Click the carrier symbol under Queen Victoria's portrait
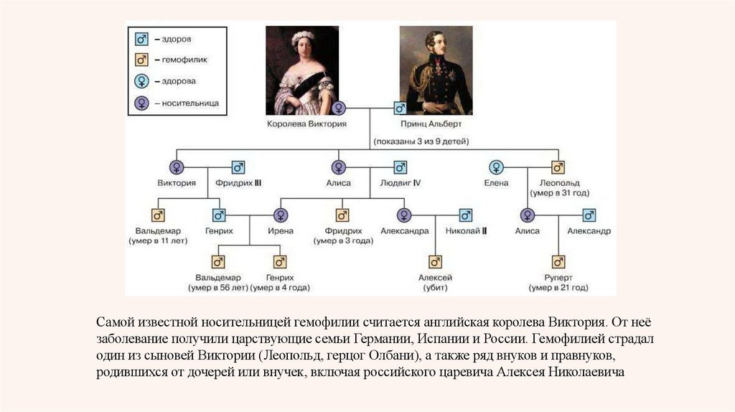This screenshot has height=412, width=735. [x=339, y=108]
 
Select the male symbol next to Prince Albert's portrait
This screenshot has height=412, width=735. [x=400, y=108]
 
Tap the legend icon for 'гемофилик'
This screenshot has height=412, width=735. [x=141, y=60]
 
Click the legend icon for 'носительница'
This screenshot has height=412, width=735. [x=141, y=103]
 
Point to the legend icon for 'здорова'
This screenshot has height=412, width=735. [x=141, y=81]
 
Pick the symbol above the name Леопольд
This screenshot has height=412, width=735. [x=558, y=167]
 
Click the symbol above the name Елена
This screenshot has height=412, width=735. [x=495, y=167]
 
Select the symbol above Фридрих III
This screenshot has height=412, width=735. [x=238, y=167]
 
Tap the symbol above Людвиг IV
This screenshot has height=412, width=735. [x=400, y=167]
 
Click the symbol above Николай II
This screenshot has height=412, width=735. [x=466, y=215]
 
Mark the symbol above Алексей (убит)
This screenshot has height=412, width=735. [x=434, y=261]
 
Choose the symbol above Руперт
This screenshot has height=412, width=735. [x=558, y=261]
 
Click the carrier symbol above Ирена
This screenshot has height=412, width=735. [x=281, y=215]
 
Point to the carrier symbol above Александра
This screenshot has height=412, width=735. [x=405, y=215]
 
